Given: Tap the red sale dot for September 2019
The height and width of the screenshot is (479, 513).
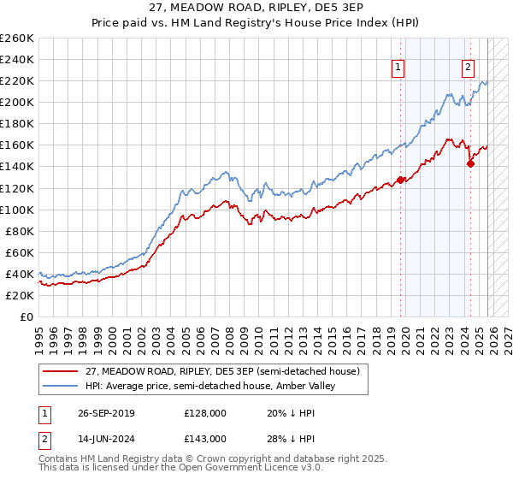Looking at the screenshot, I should pos(400,180).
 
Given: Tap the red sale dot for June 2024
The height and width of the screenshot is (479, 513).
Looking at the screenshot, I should pos(470,163).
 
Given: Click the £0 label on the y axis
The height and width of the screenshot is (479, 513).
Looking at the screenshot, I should pos(26,316).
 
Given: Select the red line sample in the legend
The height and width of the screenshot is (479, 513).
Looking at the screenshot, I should pos(62,371).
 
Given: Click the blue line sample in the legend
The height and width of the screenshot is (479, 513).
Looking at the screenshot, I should pos(62,386).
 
